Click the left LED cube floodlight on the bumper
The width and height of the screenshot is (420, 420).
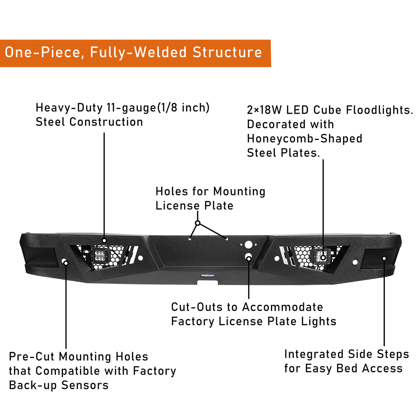click(99, 255)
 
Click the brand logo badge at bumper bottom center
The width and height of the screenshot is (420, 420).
click(207, 275)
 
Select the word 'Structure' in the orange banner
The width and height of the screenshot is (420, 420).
click(227, 52)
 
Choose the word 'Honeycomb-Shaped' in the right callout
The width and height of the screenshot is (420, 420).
click(304, 139)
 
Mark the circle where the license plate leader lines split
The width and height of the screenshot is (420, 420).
click(198, 223)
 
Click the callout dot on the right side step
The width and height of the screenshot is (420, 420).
click(384, 259)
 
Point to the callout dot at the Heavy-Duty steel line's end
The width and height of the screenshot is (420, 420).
click(104, 240)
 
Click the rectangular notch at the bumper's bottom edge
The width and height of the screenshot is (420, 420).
click(207, 283)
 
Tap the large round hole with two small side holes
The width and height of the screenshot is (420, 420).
click(248, 245)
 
